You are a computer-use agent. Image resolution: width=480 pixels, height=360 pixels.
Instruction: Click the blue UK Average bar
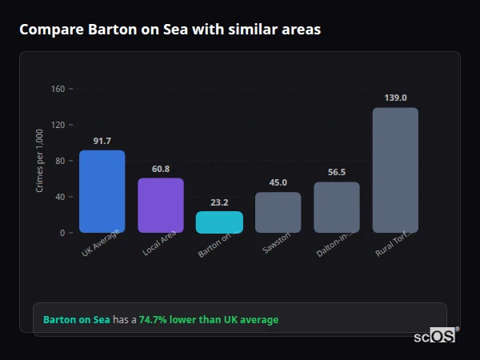(x=102, y=191)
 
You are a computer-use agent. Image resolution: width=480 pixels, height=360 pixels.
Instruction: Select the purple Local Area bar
(x=161, y=205)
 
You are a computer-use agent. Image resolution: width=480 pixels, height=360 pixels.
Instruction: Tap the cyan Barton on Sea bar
(x=219, y=222)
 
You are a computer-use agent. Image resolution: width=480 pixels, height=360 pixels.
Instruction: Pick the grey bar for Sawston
(x=278, y=213)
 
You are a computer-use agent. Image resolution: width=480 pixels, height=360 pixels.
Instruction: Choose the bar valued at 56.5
(x=337, y=207)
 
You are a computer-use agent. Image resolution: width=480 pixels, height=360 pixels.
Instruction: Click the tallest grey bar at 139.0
(x=395, y=170)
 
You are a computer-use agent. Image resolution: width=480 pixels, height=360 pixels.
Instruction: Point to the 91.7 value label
(x=102, y=142)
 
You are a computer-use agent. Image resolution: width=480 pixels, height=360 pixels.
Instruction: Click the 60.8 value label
(x=161, y=170)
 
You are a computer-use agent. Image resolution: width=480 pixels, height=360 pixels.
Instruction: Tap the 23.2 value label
(x=219, y=203)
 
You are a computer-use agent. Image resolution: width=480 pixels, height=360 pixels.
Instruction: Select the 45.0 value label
(x=278, y=183)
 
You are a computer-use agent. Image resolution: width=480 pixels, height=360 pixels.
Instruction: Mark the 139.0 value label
(x=395, y=98)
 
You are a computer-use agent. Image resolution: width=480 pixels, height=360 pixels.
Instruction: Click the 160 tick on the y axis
(x=57, y=89)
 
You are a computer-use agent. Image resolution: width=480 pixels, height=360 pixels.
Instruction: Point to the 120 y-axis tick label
(x=57, y=125)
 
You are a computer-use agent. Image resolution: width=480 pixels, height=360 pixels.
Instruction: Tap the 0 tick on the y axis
(x=62, y=233)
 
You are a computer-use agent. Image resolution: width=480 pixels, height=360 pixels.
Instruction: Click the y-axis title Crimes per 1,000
(x=40, y=160)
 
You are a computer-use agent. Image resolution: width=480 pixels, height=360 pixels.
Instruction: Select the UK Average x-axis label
(x=101, y=244)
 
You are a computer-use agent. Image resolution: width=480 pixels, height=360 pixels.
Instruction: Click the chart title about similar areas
(x=170, y=30)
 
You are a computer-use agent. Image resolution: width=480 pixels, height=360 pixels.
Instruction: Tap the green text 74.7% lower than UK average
(x=209, y=320)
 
